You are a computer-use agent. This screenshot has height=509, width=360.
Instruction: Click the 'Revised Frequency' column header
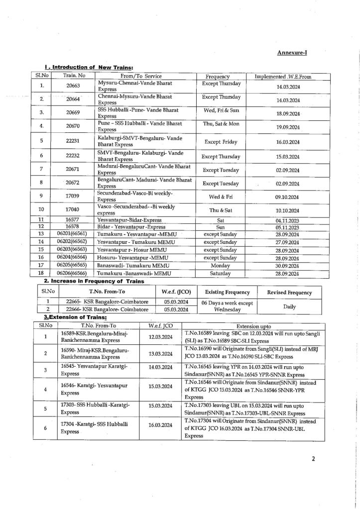pos(290,293)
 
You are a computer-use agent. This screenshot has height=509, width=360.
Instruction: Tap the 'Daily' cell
pos(290,307)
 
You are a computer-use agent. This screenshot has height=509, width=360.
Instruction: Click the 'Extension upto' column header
pos(258,325)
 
